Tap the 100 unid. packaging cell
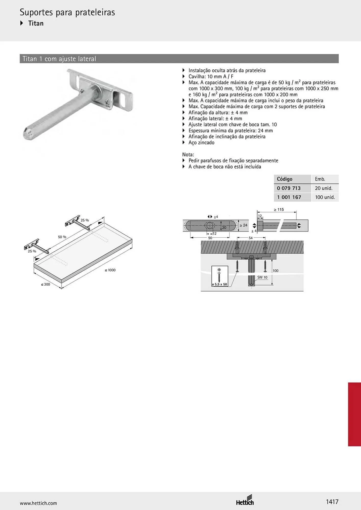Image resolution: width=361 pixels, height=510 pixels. coord(325,197)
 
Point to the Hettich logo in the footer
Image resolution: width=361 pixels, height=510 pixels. coord(245,501)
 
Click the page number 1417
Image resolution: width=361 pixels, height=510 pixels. coord(332,502)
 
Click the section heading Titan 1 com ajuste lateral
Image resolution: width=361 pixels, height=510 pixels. coord(59,59)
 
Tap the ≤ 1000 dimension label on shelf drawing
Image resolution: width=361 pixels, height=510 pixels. coord(110,270)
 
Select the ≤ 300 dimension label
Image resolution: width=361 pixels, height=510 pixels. coord(45,284)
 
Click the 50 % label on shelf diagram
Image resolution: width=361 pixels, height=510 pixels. coord(62,237)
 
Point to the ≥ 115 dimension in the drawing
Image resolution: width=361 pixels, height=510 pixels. coord(279,210)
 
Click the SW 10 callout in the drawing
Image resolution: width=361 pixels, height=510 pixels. coord(262,277)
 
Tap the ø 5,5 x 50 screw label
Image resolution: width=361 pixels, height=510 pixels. coord(219,284)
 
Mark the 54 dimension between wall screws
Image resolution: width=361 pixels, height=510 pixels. coord(250,238)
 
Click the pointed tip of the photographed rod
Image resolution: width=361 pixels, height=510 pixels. coord(24,135)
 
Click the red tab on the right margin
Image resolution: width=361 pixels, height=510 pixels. coord(354,414)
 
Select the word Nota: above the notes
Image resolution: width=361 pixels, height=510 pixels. coord(188,155)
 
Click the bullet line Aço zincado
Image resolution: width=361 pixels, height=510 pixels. coord(201,143)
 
